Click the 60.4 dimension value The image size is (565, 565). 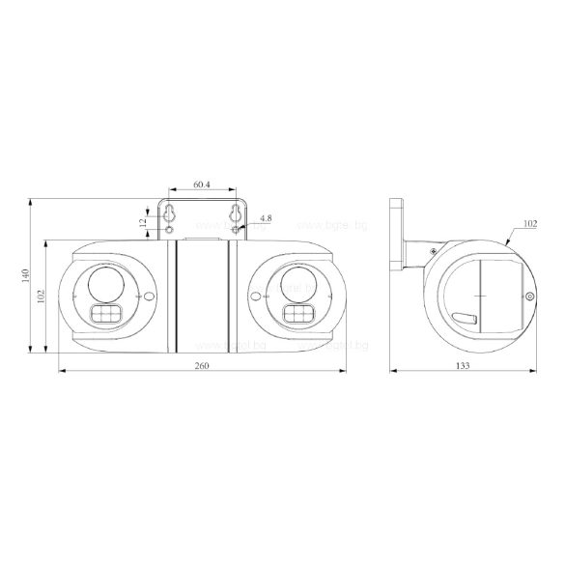203,184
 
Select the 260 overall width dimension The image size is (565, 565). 202,365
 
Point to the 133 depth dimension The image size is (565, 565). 465,365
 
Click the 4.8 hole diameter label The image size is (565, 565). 265,219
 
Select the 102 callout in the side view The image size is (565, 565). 530,223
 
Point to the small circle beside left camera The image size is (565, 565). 148,297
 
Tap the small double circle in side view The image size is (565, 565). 529,297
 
